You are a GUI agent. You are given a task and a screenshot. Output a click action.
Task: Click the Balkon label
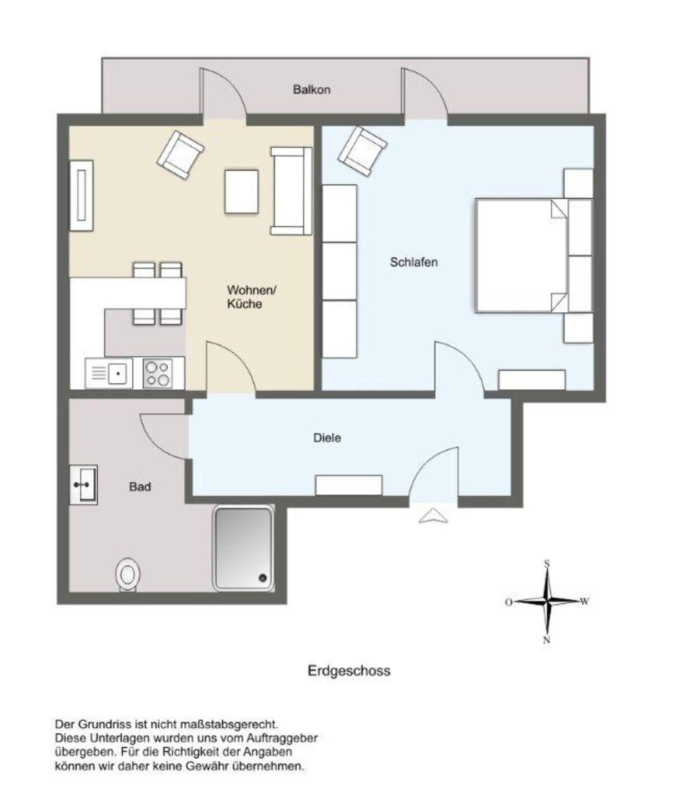(312, 89)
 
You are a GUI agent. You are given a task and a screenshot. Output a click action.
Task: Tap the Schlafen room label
(413, 262)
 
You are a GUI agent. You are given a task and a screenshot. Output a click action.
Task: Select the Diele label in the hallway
(327, 438)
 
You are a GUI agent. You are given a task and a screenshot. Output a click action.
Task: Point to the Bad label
(140, 487)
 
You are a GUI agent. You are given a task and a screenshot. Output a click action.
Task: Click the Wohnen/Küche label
(252, 297)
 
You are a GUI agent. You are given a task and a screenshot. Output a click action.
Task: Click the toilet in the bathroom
(128, 575)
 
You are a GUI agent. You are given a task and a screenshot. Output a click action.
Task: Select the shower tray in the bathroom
(243, 548)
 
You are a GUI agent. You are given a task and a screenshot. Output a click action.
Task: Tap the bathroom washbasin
(83, 485)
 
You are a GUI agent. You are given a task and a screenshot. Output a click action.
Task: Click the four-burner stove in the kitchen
(158, 373)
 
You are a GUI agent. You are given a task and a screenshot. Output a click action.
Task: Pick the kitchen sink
(109, 373)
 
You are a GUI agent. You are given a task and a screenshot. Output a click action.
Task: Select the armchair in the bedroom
(362, 151)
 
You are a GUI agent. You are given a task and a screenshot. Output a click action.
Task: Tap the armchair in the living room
(181, 155)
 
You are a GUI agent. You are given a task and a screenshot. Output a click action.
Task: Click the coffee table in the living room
(241, 192)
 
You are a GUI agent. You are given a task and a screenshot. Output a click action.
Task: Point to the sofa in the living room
(291, 191)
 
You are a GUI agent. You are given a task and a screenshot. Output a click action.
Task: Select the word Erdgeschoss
(349, 671)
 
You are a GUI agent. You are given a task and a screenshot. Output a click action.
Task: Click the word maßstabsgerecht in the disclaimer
(229, 724)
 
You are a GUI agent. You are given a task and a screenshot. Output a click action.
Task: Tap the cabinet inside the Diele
(349, 485)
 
